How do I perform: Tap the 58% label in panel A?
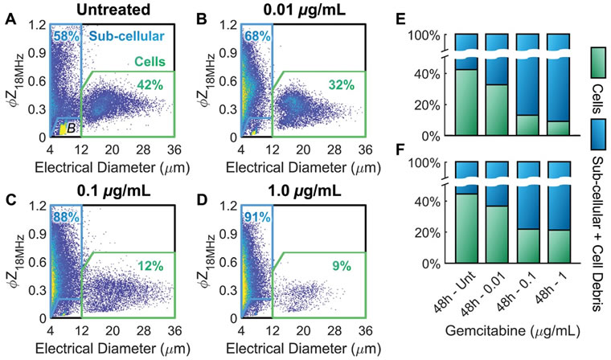coord(64,38)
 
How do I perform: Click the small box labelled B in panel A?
coord(69,126)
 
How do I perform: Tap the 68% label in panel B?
coord(255,38)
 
